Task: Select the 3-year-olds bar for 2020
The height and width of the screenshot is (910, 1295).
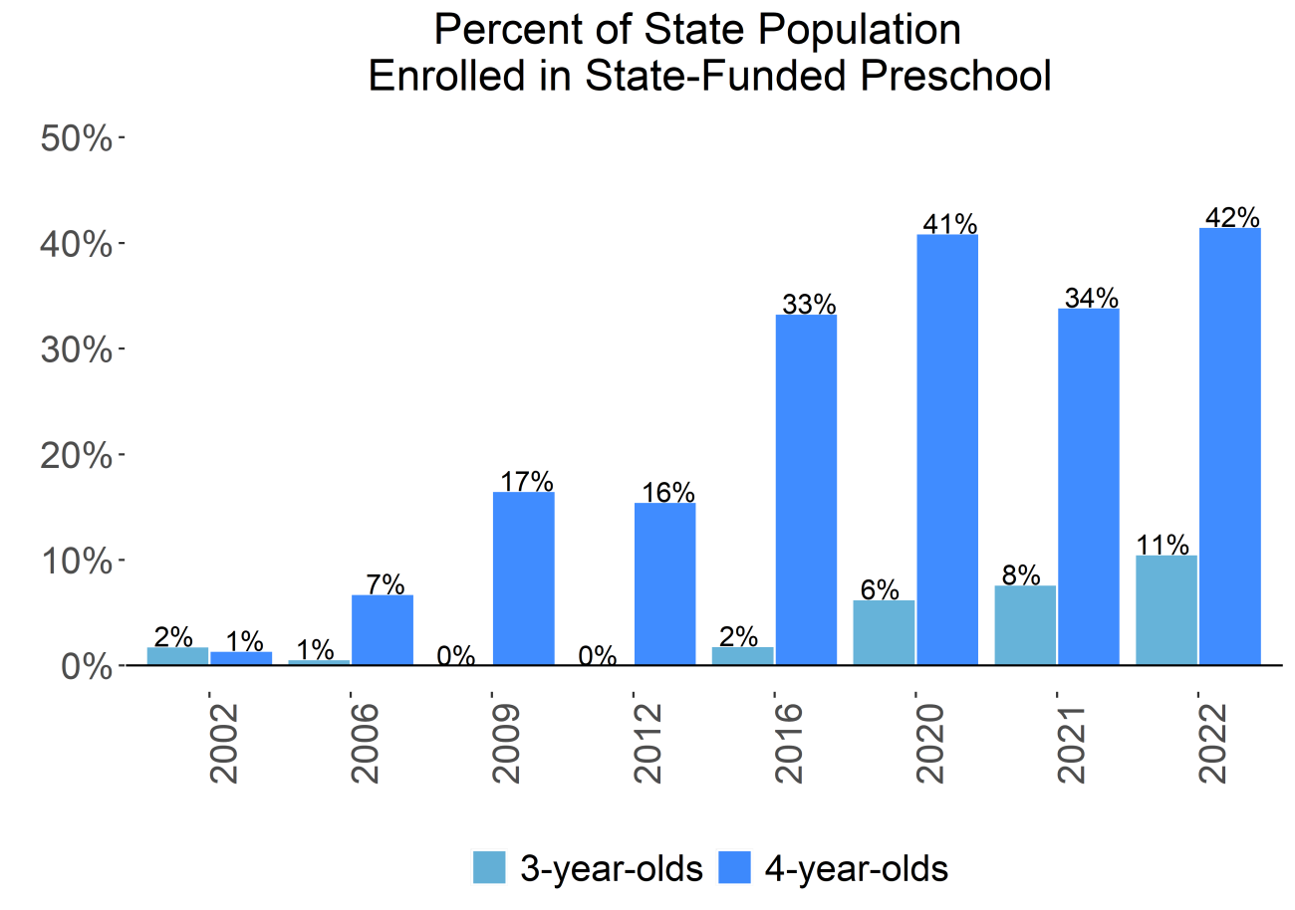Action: pyautogui.click(x=884, y=632)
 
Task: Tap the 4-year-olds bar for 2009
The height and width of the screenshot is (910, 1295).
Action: pyautogui.click(x=524, y=578)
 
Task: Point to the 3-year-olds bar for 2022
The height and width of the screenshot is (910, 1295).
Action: pyautogui.click(x=1166, y=609)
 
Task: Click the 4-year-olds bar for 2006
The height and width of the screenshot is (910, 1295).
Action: pyautogui.click(x=383, y=629)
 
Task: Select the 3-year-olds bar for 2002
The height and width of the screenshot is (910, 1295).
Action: pyautogui.click(x=177, y=656)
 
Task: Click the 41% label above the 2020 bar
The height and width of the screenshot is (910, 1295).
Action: pyautogui.click(x=949, y=224)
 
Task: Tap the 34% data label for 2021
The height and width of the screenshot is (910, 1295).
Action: pyautogui.click(x=1091, y=298)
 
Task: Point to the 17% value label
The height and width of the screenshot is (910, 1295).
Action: pyautogui.click(x=526, y=481)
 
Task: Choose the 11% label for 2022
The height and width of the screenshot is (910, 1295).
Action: pyautogui.click(x=1162, y=545)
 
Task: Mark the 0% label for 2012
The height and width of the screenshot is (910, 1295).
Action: pyautogui.click(x=598, y=656)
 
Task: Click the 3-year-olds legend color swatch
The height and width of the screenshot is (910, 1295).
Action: pyautogui.click(x=490, y=868)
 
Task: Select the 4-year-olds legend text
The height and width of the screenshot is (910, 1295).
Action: pyautogui.click(x=856, y=868)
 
